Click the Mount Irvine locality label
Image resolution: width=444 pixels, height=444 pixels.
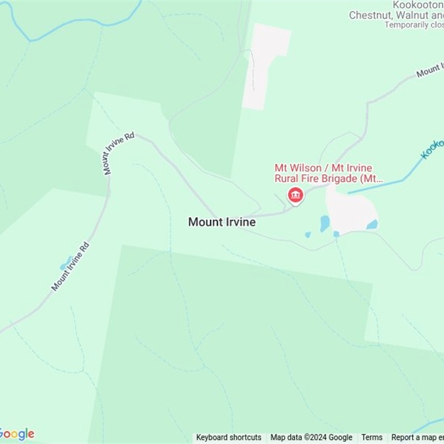(222, 222)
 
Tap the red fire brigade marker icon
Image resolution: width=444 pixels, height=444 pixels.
(295, 195)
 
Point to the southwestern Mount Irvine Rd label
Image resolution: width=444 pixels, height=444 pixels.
(70, 266)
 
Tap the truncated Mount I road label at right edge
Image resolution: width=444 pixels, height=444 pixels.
(430, 71)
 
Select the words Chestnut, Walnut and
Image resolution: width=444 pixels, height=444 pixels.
(396, 16)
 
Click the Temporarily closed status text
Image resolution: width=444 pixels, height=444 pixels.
(414, 25)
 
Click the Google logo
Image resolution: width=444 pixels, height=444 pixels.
(17, 434)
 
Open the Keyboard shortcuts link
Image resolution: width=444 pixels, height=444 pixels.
(229, 437)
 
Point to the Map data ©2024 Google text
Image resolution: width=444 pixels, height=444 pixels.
(311, 437)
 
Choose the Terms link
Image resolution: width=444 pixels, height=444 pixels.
(372, 437)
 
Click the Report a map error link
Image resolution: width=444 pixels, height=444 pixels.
(417, 437)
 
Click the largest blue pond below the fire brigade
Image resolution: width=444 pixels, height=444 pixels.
(325, 223)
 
